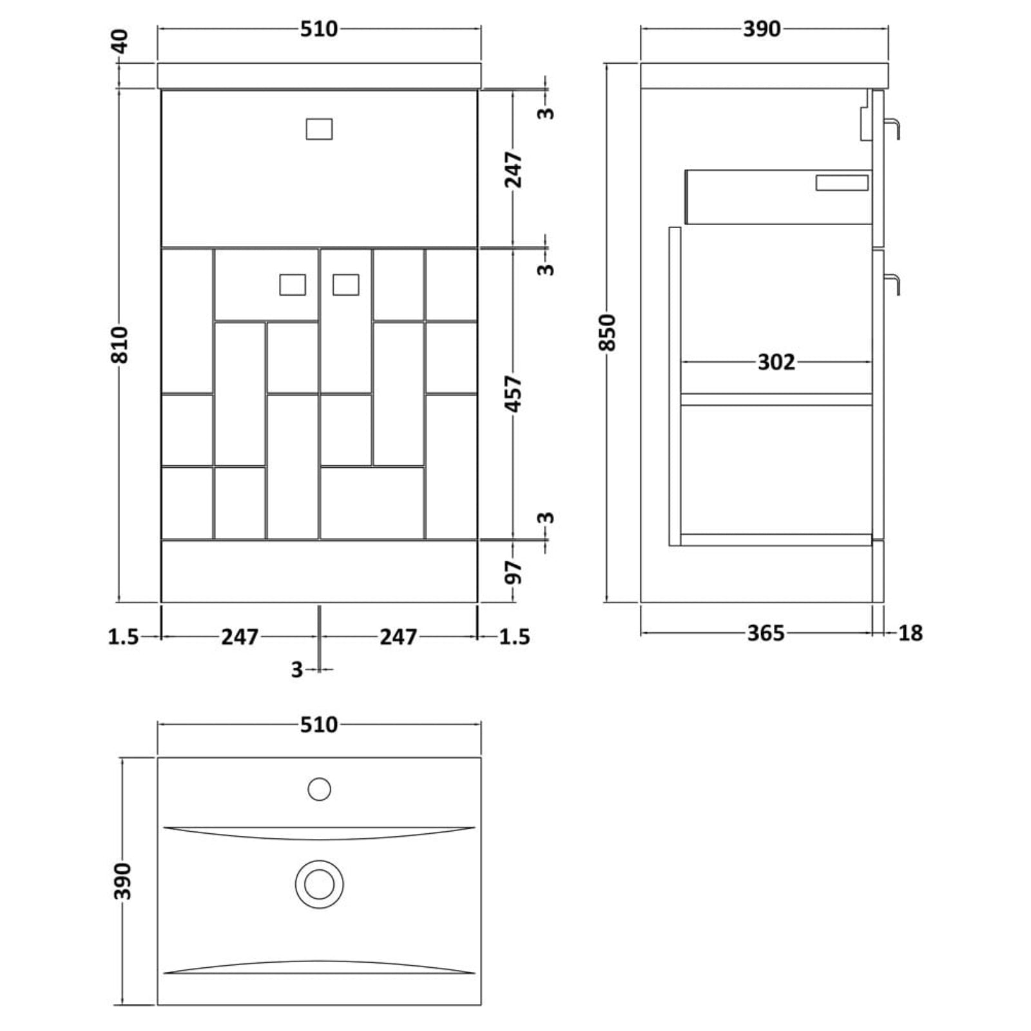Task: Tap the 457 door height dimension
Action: [x=514, y=394]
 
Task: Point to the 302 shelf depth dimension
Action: [x=776, y=362]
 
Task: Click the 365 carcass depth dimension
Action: [x=766, y=633]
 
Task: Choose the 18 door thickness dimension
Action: [x=910, y=633]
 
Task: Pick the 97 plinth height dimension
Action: [x=514, y=572]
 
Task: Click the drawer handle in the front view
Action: [x=319, y=129]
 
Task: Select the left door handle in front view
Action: [x=293, y=285]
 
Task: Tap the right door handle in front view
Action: [x=346, y=285]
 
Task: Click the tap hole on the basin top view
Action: [x=320, y=789]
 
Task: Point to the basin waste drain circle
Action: [x=320, y=883]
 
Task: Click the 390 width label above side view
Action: [x=762, y=30]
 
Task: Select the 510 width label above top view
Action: [x=319, y=725]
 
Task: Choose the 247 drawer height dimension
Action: [x=514, y=169]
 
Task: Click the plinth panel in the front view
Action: [x=319, y=572]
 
